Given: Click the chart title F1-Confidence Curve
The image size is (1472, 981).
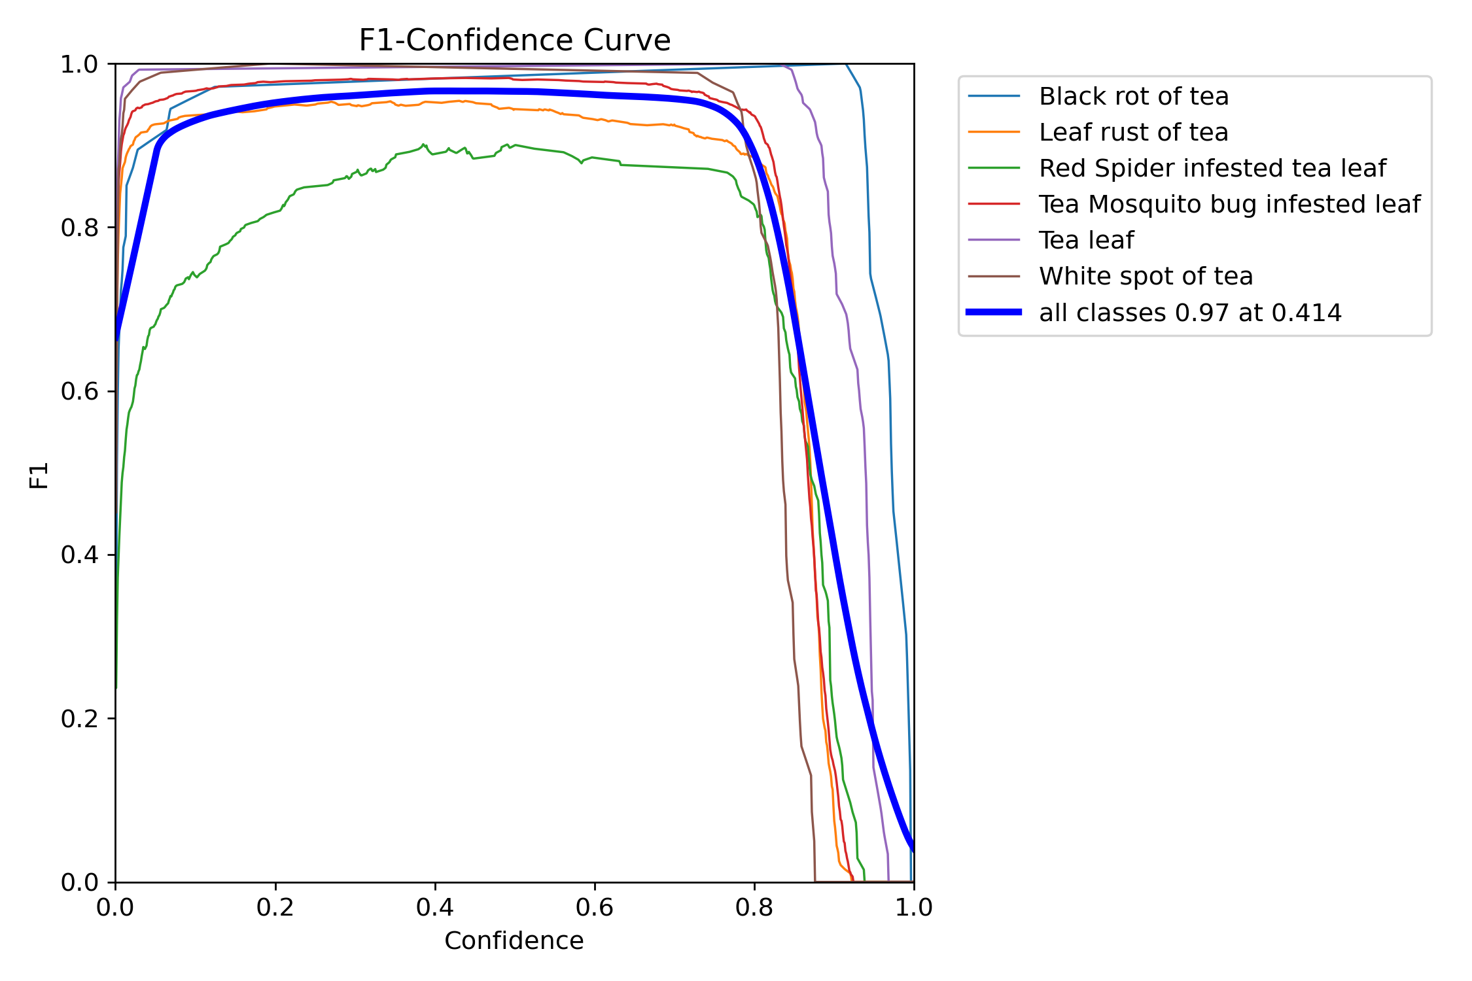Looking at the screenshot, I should tap(514, 41).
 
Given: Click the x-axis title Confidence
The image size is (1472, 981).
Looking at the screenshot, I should tap(514, 940).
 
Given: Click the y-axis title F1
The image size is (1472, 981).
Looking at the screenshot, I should tap(39, 475).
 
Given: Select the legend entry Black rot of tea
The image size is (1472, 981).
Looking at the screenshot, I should tap(1133, 96).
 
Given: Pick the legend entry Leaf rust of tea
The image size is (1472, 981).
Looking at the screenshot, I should tap(1133, 132).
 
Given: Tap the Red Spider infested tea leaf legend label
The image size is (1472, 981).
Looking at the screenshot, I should tap(1212, 168).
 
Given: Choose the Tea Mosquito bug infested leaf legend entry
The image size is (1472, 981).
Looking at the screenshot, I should tap(1229, 204).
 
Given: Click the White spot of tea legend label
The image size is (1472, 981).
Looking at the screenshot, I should tap(1146, 276).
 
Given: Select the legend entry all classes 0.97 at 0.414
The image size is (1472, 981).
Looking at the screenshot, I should tap(1190, 313).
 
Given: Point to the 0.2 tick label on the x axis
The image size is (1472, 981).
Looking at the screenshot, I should tap(275, 907).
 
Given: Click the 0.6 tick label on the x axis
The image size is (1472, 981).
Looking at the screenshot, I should tap(595, 907).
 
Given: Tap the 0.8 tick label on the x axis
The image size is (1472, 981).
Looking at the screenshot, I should tap(754, 907).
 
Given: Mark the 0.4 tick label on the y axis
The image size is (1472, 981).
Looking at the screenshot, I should tap(79, 555).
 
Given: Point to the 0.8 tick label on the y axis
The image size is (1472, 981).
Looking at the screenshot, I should tap(79, 228).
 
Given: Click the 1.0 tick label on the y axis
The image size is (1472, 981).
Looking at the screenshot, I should tap(79, 65).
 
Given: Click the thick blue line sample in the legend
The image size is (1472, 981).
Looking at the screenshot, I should tap(994, 313).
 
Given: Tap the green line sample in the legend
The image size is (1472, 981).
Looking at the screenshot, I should tap(994, 168).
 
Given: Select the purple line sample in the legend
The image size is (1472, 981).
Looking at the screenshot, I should tap(994, 240).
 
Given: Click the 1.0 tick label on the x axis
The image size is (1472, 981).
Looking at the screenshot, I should tap(914, 907).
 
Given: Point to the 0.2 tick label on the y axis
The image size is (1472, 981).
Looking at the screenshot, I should tap(79, 719).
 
